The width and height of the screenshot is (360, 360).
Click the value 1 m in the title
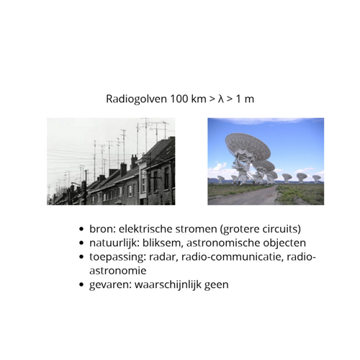[x=243, y=98]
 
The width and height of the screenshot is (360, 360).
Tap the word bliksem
[x=171, y=243]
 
